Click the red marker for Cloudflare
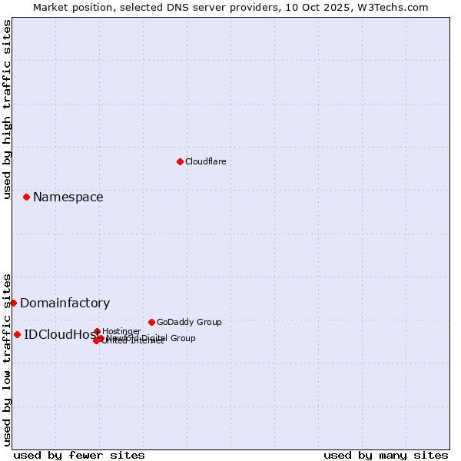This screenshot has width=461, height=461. [x=180, y=161]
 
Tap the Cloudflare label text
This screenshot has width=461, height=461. [x=205, y=161]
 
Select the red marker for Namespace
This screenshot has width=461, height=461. [x=26, y=197]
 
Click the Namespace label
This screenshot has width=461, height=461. [x=68, y=197]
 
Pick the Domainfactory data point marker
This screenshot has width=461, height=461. [x=13, y=303]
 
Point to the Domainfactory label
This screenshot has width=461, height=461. [x=65, y=303]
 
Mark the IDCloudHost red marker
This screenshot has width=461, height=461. [x=17, y=334]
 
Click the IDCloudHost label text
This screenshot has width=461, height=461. [x=58, y=334]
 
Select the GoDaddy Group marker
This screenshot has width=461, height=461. [x=151, y=322]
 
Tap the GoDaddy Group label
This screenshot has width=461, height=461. [x=189, y=322]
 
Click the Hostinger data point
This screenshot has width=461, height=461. [x=97, y=332]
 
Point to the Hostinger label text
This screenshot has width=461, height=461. [x=121, y=331]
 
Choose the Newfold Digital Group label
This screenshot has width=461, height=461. [x=151, y=338]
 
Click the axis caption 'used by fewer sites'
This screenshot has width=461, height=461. [x=79, y=455]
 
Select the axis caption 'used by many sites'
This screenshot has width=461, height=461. [x=386, y=455]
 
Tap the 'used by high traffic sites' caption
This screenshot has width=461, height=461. [x=7, y=109]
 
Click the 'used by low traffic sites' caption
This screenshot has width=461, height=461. [x=7, y=360]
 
